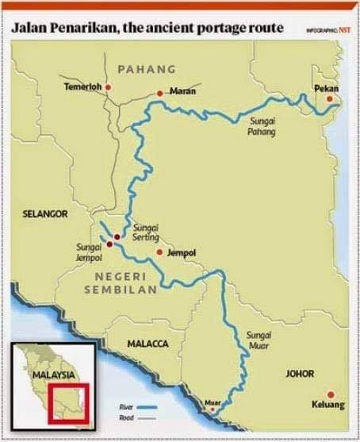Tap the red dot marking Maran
(x=160, y=93)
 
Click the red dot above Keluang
(x=330, y=394)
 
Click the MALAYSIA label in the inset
(x=53, y=373)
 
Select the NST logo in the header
(x=345, y=30)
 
